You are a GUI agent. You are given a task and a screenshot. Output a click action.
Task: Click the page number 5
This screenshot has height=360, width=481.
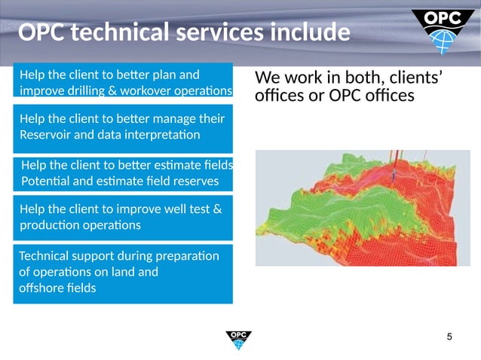(x=450, y=336)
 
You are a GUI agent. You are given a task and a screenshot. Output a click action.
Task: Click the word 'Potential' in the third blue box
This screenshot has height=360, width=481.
(x=47, y=182)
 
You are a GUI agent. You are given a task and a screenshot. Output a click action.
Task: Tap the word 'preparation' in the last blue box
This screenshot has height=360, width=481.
(x=185, y=256)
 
